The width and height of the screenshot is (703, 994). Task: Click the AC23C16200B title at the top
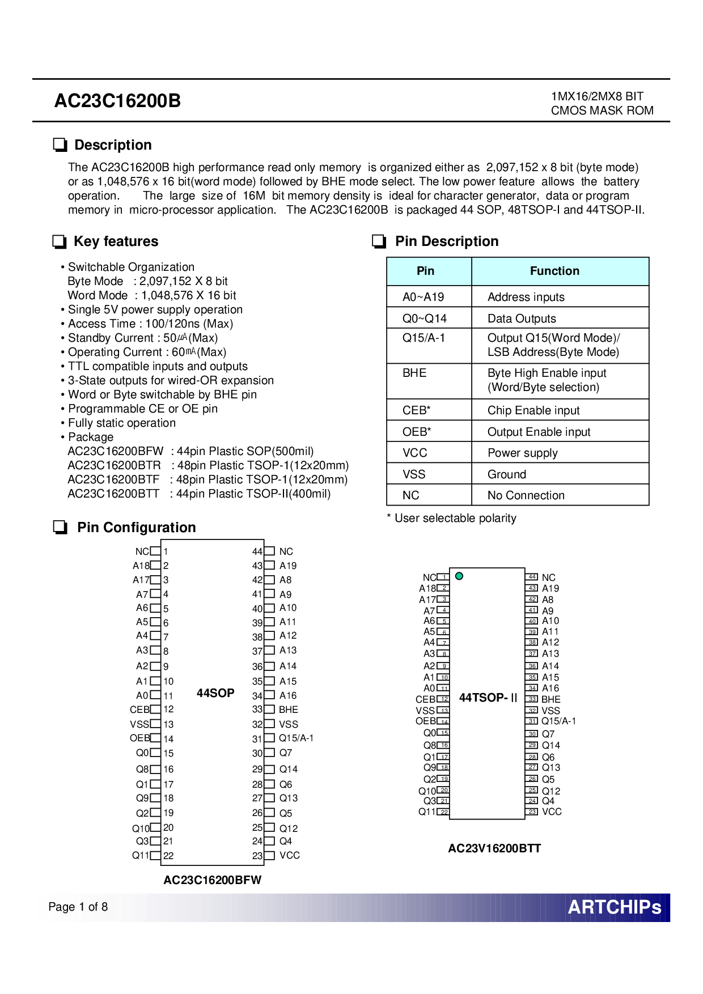click(x=117, y=101)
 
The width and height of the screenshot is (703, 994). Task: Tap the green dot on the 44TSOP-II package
click(x=459, y=576)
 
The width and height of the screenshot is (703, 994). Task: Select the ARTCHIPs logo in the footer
click(x=615, y=907)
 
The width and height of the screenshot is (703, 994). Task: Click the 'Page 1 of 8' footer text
click(x=78, y=907)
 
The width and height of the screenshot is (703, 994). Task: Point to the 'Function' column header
click(x=554, y=271)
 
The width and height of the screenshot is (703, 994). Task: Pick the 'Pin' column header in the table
click(x=425, y=271)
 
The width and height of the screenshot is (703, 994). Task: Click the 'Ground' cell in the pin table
click(x=507, y=474)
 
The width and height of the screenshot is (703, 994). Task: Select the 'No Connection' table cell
click(x=526, y=495)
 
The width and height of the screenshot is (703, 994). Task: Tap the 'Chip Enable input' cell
click(x=533, y=410)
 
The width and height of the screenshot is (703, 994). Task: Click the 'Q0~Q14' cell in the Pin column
click(x=425, y=318)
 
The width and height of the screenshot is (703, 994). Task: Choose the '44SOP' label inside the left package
click(x=215, y=693)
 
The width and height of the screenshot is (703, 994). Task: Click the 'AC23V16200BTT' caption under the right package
click(x=494, y=848)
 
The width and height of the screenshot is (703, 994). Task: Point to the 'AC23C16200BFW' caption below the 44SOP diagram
click(x=212, y=880)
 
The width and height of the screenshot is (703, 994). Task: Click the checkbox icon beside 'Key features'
click(x=59, y=241)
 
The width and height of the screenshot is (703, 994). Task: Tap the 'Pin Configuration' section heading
click(x=136, y=528)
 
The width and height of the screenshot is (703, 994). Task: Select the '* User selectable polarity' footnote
click(x=452, y=518)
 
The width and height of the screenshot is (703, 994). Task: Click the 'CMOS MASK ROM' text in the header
click(x=602, y=111)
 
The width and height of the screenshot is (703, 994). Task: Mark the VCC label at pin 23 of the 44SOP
click(x=290, y=855)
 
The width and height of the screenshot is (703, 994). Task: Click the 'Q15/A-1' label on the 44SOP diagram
click(x=296, y=738)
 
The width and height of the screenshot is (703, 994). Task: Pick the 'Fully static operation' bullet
click(x=122, y=423)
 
